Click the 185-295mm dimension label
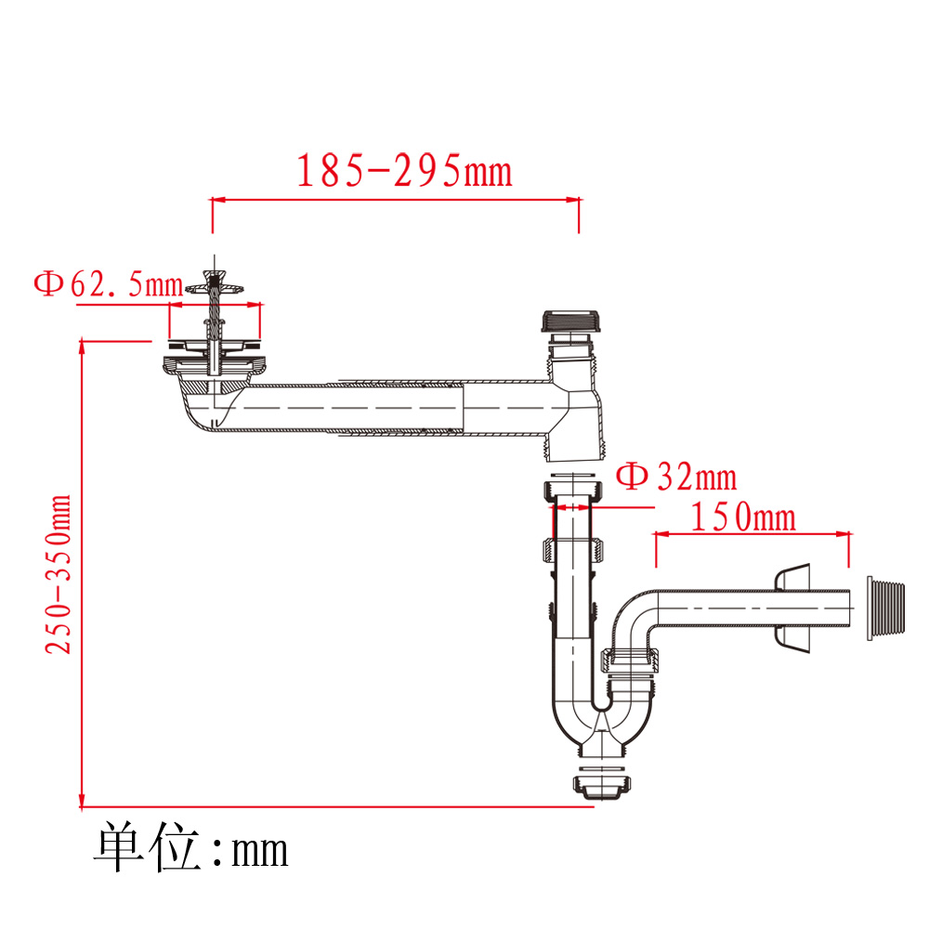point(404,171)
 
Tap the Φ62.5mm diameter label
point(109,284)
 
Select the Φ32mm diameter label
point(676,477)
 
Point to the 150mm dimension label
point(743,517)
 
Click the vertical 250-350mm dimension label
point(58,575)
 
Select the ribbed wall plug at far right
point(885,608)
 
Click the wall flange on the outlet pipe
point(792,608)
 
